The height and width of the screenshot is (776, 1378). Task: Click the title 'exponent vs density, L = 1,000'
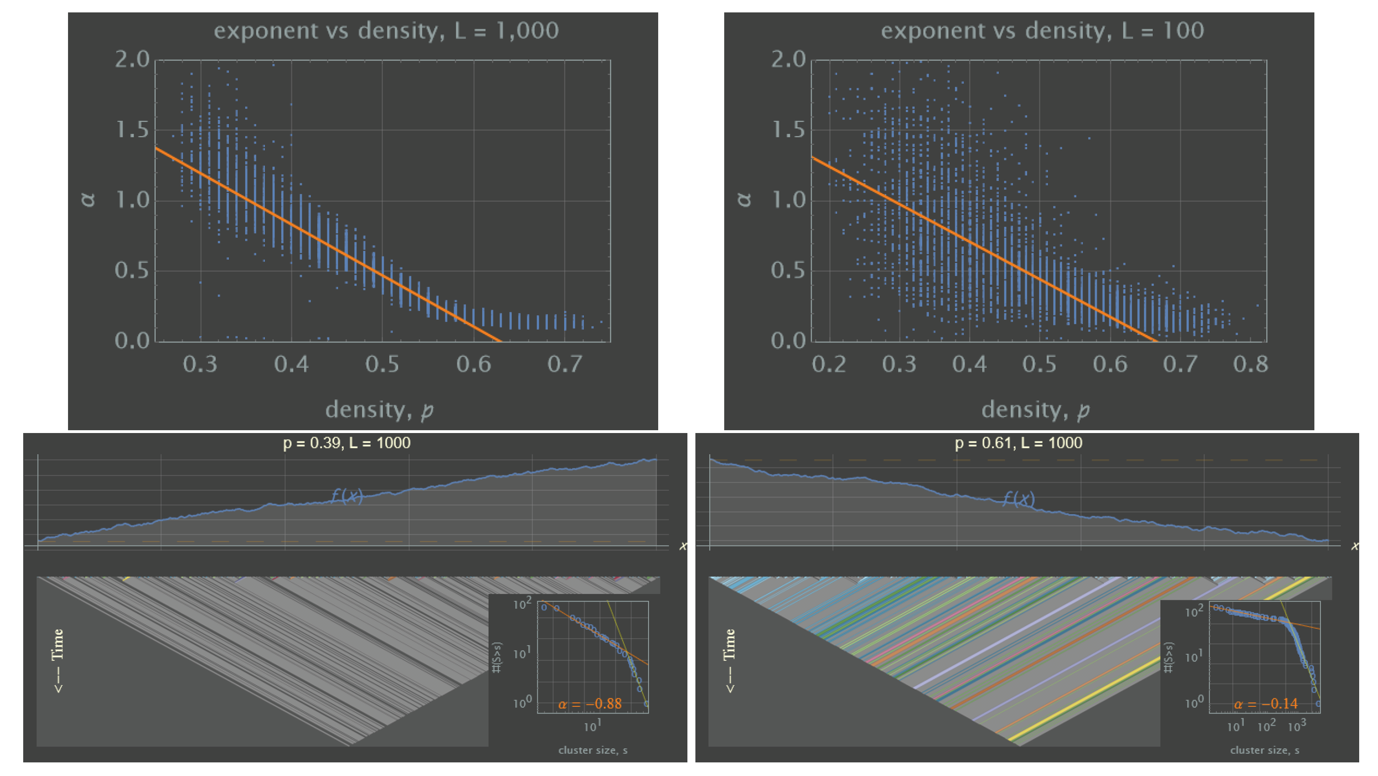386,30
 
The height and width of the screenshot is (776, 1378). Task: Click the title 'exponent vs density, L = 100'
1042,30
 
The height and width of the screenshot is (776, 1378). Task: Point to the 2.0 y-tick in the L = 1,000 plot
132,59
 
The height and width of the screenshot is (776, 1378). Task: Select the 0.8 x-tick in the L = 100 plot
1250,365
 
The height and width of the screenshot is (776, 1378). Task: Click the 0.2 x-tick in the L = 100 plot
829,365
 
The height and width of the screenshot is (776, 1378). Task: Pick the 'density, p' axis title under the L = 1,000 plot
379,410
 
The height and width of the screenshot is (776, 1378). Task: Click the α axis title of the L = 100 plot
744,200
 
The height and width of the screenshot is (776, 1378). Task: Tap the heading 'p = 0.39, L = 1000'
347,443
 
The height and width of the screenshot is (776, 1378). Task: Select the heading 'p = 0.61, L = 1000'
1019,443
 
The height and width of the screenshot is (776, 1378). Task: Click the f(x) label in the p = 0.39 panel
347,496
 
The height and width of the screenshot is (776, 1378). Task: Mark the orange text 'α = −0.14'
1265,704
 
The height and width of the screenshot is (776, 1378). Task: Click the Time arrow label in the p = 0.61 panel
730,660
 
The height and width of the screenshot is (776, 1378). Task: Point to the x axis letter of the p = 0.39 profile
683,546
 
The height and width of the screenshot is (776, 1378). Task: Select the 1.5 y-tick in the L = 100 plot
787,130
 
